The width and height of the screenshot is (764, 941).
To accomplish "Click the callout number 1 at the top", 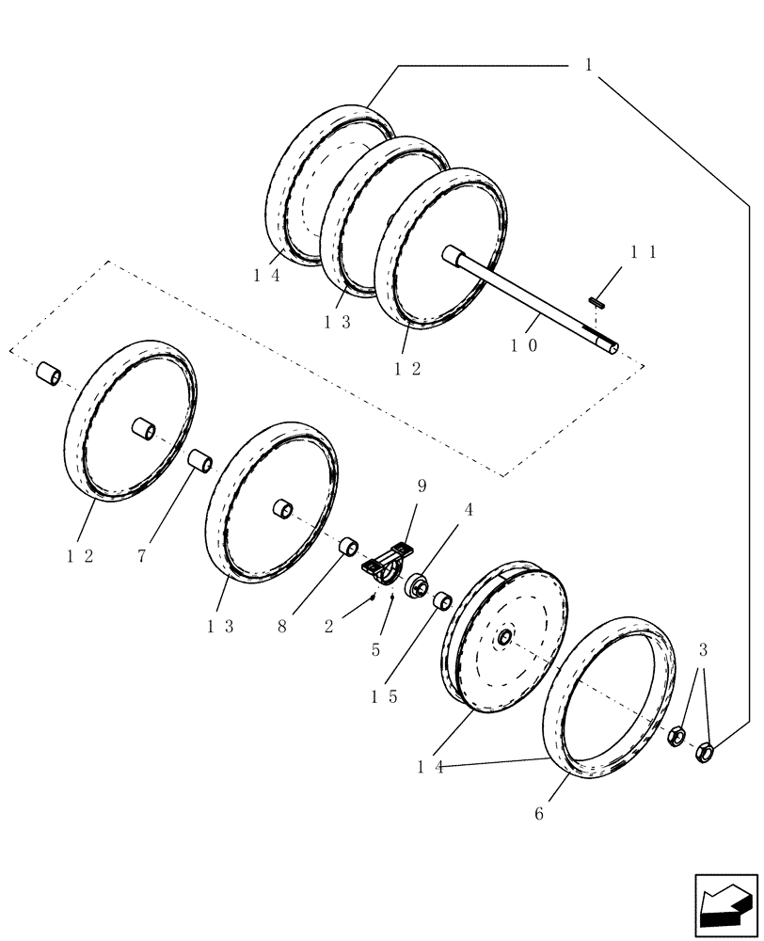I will click(x=588, y=65).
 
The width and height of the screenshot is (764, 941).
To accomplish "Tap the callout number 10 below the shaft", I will click(x=524, y=345).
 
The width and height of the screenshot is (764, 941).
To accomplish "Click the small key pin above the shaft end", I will click(x=596, y=302).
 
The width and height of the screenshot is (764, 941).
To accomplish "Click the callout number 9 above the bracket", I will click(x=422, y=486).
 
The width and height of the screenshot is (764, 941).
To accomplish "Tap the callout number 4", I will click(x=468, y=509).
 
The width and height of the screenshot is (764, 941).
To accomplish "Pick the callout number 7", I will click(x=141, y=556).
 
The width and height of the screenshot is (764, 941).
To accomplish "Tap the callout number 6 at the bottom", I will click(x=538, y=814).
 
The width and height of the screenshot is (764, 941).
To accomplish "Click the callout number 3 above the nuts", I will click(x=704, y=649).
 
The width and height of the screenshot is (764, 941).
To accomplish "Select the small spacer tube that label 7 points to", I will click(x=199, y=462).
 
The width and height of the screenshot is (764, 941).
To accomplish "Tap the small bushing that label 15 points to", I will click(x=441, y=600).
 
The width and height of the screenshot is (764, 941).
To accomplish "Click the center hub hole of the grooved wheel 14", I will click(x=504, y=638).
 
